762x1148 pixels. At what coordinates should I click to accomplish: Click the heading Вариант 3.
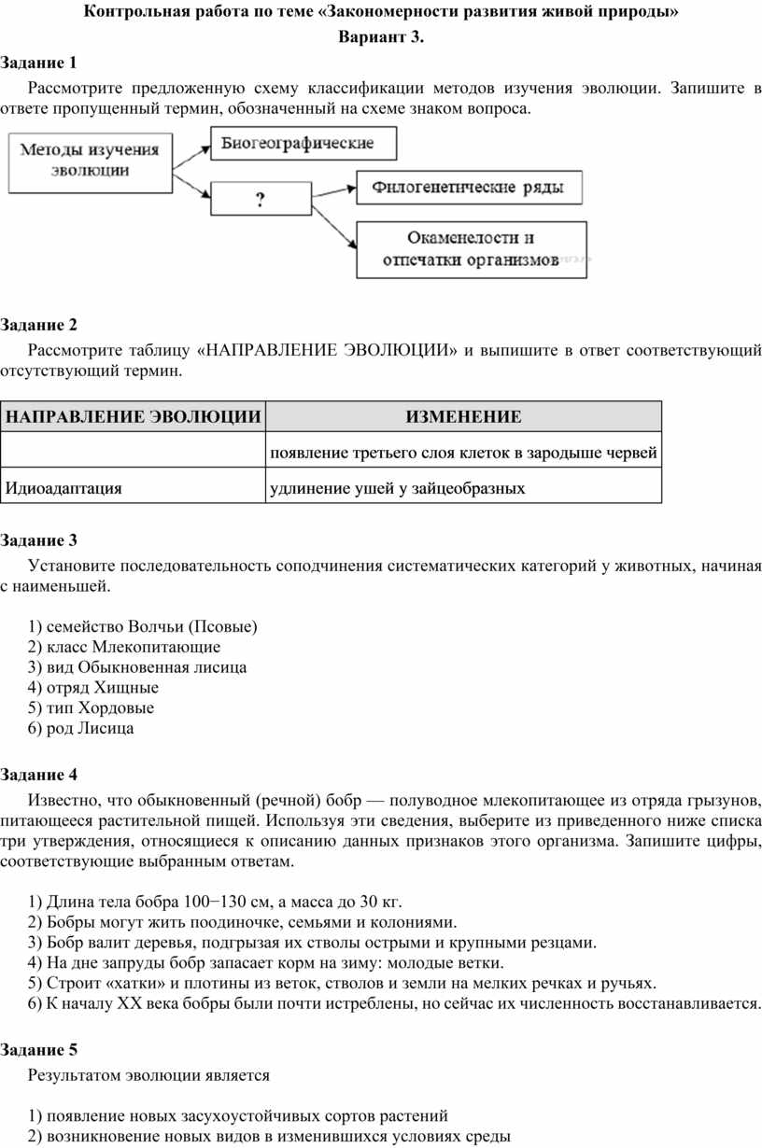click(x=381, y=38)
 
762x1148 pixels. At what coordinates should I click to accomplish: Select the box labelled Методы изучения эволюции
click(x=90, y=160)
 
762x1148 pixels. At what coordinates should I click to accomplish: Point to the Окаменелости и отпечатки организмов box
click(x=472, y=249)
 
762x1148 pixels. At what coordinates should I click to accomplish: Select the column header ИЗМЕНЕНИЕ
click(x=463, y=416)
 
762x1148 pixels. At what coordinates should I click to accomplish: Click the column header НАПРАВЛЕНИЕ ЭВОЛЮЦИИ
click(x=133, y=416)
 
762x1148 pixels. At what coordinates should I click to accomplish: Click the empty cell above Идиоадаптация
click(x=133, y=453)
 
